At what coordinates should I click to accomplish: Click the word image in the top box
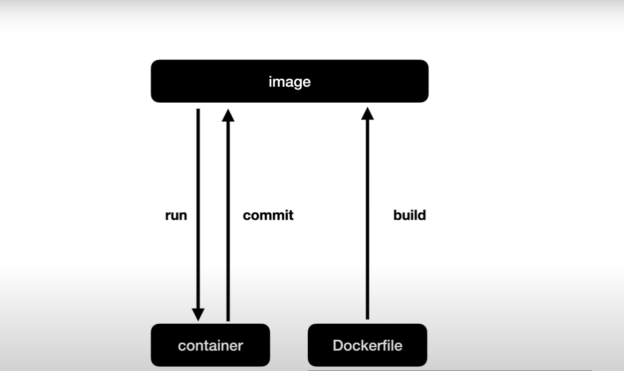pyautogui.click(x=290, y=82)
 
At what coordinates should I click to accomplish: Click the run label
pyautogui.click(x=176, y=215)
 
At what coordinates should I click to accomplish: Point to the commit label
pyautogui.click(x=268, y=215)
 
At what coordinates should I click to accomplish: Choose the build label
pyautogui.click(x=409, y=215)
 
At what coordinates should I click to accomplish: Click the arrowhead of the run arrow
pyautogui.click(x=198, y=315)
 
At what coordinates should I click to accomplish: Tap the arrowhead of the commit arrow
pyautogui.click(x=228, y=115)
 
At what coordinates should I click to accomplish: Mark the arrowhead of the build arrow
pyautogui.click(x=368, y=113)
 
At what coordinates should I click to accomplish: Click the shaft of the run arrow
pyautogui.click(x=198, y=187)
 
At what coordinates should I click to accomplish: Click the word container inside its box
pyautogui.click(x=210, y=346)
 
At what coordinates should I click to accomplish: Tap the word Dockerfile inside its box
pyautogui.click(x=367, y=346)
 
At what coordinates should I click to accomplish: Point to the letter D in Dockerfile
pyautogui.click(x=337, y=346)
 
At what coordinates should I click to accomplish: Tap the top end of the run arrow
pyautogui.click(x=198, y=111)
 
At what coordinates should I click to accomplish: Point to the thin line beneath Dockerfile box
pyautogui.click(x=450, y=370)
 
